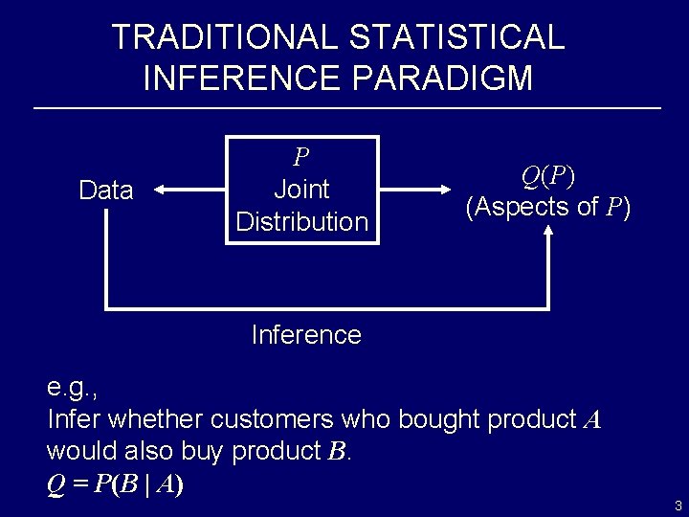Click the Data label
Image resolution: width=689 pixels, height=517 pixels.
coord(106,191)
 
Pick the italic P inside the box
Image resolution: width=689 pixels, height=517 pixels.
coord(301,156)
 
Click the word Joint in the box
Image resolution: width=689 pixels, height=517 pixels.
coord(301,189)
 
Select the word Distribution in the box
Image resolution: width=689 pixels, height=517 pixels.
coord(301,221)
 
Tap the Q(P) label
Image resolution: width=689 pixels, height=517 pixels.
coord(547,176)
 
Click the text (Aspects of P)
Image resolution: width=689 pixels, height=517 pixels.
coord(547,206)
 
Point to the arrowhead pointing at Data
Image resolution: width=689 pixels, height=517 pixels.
coord(161,191)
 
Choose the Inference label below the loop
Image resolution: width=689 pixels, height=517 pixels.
coord(305,335)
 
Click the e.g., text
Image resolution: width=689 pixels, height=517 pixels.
coord(73,388)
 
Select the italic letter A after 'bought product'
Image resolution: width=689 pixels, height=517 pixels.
coord(591,419)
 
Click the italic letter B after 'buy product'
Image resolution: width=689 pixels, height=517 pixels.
coord(336,450)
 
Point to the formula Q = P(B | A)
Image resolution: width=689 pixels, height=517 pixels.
coord(116,483)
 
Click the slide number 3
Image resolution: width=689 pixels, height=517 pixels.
coord(678,506)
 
